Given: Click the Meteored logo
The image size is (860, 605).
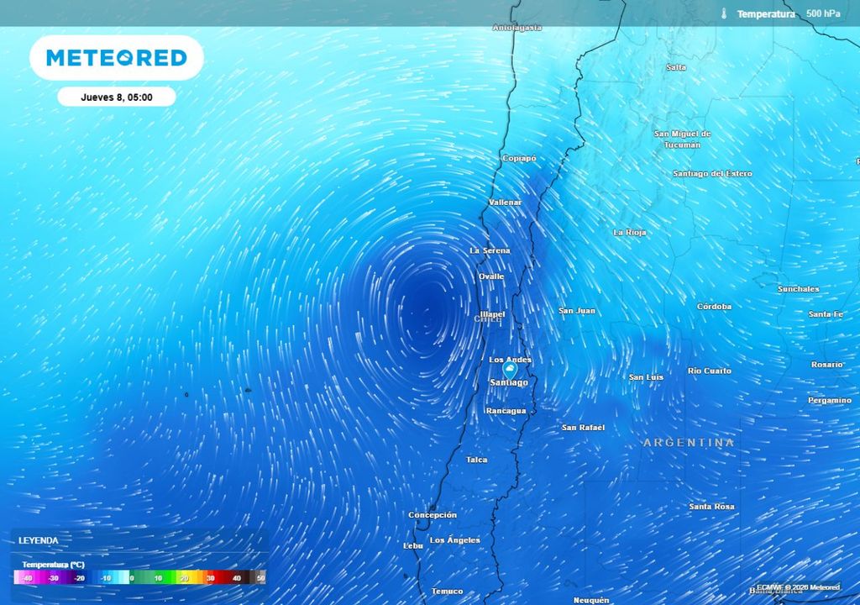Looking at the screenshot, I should tap(116, 58).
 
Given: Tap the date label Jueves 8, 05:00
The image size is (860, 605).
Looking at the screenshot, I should tap(116, 97).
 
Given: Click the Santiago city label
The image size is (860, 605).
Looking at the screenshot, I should tap(509, 383).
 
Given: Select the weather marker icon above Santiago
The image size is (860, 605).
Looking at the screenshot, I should tap(509, 369).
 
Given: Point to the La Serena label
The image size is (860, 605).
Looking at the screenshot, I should tap(490, 250).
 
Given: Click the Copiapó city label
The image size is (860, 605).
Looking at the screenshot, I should tap(519, 158).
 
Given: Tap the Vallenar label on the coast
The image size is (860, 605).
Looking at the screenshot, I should tap(506, 203).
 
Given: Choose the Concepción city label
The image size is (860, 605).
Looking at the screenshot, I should tap(433, 514).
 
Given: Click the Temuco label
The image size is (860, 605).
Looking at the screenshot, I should tap(447, 592).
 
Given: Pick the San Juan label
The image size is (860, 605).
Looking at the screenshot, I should tap(577, 311).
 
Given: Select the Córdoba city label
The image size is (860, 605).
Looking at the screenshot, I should tap(714, 307).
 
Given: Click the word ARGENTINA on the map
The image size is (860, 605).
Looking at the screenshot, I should tap(689, 443).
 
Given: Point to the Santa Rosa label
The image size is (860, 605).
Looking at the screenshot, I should tap(711, 507).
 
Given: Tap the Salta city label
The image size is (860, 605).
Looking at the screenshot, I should tap(675, 67).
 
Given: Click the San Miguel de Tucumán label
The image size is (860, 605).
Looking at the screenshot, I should tap(682, 139).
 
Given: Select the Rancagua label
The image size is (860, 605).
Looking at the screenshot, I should tap(506, 411).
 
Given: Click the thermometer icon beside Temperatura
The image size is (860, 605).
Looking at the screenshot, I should tap(723, 13).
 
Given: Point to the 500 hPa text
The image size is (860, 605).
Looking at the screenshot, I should tap(823, 13).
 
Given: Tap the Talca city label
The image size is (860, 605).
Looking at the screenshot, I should tap(477, 460).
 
